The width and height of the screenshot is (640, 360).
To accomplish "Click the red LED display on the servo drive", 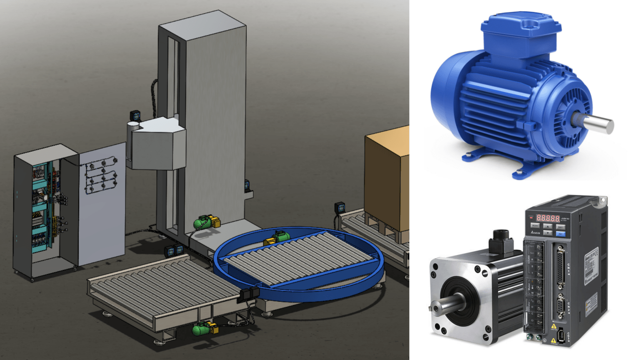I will coord(547,218).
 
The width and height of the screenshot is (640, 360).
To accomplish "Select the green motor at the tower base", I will coord(204,222).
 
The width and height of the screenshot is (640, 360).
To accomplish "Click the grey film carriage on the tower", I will coord(156,144).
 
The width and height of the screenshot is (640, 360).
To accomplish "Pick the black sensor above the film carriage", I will coord(135,115).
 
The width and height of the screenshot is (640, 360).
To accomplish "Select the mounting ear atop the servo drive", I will coord(601,202).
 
